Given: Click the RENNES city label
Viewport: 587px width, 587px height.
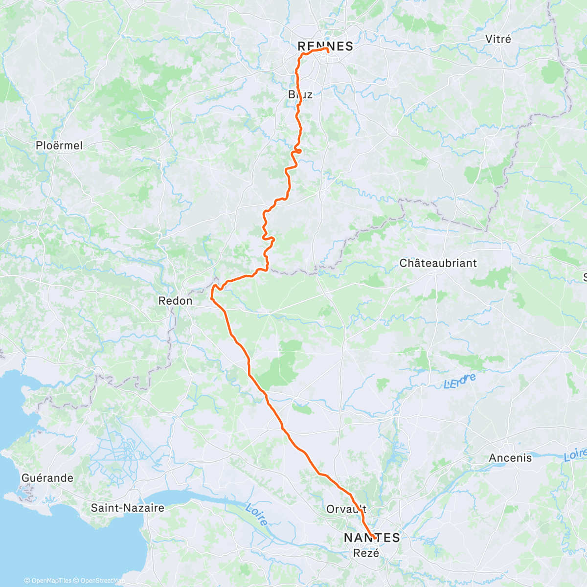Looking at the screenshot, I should pyautogui.click(x=325, y=46).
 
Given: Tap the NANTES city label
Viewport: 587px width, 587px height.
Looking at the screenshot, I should pyautogui.click(x=372, y=538).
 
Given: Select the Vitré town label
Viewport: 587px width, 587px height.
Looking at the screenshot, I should pyautogui.click(x=498, y=39).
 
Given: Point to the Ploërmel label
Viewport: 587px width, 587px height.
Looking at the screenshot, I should pyautogui.click(x=59, y=145).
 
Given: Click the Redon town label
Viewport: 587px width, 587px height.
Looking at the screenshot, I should pyautogui.click(x=175, y=301).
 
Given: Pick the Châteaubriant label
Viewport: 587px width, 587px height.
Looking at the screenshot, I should pyautogui.click(x=438, y=263).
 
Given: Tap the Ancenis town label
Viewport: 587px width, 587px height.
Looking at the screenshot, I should pyautogui.click(x=510, y=458).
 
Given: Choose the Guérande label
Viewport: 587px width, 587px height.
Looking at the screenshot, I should pyautogui.click(x=47, y=478).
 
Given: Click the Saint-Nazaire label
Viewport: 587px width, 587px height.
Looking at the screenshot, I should pyautogui.click(x=127, y=508).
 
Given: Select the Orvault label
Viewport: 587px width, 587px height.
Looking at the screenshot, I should pyautogui.click(x=346, y=509).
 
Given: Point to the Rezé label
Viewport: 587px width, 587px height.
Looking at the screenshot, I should pyautogui.click(x=366, y=553).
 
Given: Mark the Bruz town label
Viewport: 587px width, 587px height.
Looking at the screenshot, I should pyautogui.click(x=300, y=94).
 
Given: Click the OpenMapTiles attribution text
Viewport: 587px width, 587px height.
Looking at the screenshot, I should pyautogui.click(x=48, y=581).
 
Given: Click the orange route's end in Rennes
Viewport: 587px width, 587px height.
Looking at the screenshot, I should pyautogui.click(x=326, y=49).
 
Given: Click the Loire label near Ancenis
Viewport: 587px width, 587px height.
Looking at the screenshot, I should pyautogui.click(x=575, y=455).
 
